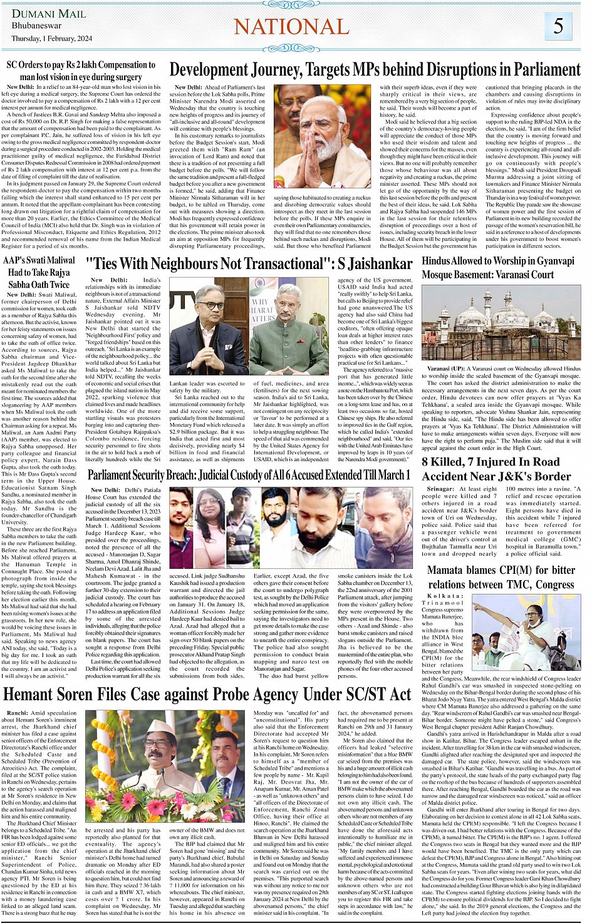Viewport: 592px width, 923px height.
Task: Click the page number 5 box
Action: pyautogui.click(x=558, y=26)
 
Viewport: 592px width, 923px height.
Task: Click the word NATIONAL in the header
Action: pyautogui.click(x=291, y=27)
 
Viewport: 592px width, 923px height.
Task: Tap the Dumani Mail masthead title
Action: pyautogui.click(x=49, y=14)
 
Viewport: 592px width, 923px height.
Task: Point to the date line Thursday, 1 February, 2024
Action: pyautogui.click(x=51, y=38)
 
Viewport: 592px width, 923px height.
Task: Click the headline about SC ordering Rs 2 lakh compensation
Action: pyautogui.click(x=81, y=70)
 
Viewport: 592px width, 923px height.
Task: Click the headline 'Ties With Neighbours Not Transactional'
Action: pyautogui.click(x=249, y=264)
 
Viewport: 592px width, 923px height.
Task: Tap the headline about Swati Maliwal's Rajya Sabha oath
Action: pyautogui.click(x=39, y=272)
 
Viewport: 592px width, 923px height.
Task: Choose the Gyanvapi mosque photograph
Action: pyautogui.click(x=501, y=324)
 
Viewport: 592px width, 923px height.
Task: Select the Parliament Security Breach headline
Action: pyautogui.click(x=249, y=476)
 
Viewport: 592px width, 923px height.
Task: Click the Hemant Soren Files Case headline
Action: pyautogui.click(x=207, y=694)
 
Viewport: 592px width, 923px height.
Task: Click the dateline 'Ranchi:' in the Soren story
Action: pyautogui.click(x=18, y=713)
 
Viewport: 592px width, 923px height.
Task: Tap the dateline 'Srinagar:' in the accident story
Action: pyautogui.click(x=441, y=489)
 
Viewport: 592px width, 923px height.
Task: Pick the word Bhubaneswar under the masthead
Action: pyautogui.click(x=36, y=26)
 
